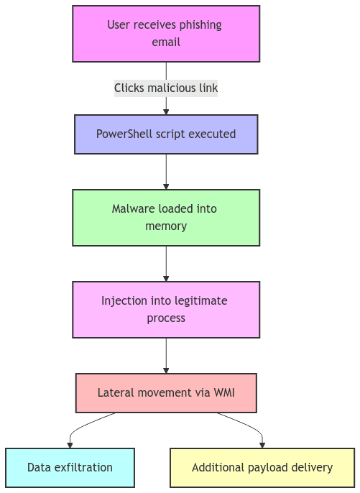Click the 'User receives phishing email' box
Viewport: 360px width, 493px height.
point(166,34)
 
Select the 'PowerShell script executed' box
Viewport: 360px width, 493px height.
point(166,134)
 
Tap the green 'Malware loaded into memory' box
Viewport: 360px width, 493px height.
point(166,218)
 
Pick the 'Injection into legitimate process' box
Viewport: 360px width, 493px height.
point(166,310)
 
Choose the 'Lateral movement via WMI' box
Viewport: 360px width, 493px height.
point(166,393)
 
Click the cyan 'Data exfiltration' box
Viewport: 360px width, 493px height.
point(70,468)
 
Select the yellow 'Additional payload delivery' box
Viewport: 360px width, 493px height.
point(262,468)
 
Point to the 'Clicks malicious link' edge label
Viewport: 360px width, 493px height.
point(166,88)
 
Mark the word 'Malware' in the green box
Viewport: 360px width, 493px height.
point(133,209)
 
